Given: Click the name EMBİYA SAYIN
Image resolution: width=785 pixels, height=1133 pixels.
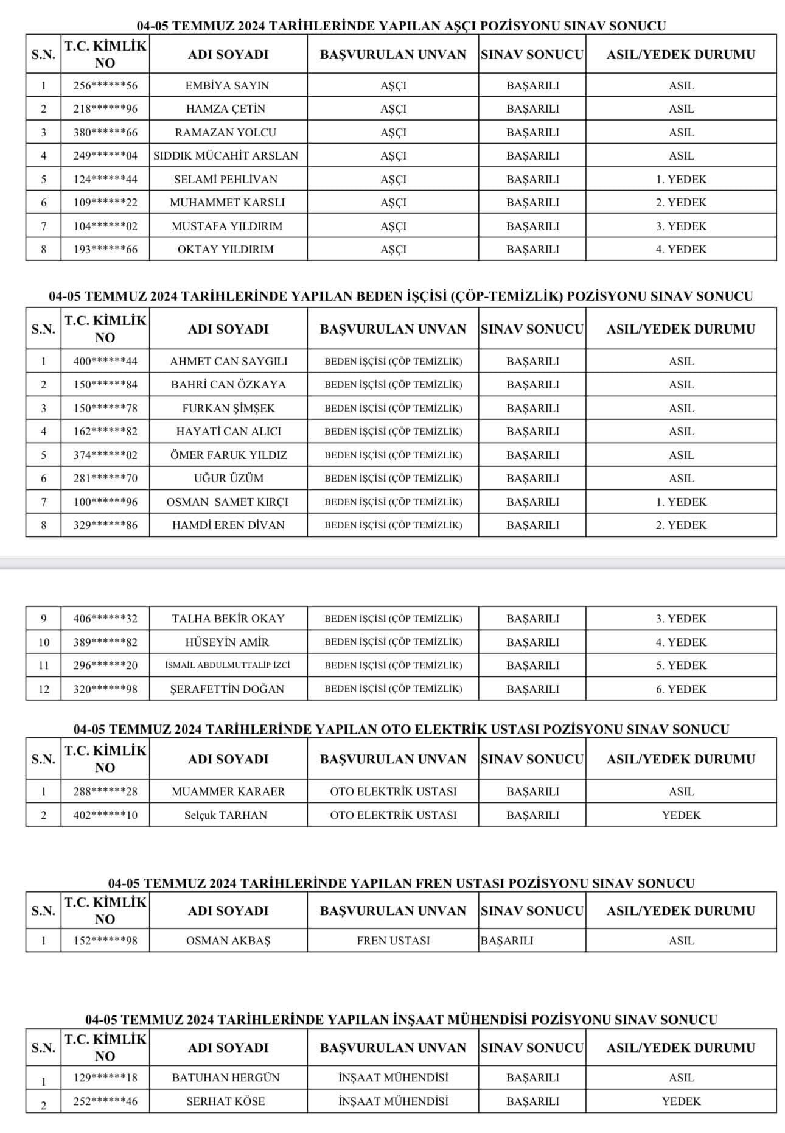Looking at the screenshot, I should (227, 86).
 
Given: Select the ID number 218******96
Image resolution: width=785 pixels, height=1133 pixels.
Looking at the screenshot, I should (105, 109).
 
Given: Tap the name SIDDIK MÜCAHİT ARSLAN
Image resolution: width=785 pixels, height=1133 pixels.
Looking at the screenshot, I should (226, 156).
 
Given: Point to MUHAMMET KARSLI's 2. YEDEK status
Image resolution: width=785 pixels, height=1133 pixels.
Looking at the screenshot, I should (681, 203).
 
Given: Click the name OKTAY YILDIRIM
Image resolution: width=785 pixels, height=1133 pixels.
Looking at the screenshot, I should (226, 250).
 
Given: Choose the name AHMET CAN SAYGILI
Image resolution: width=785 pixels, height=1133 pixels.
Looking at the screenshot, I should (228, 362).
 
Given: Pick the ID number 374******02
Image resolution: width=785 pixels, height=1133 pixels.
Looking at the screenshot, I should (105, 455).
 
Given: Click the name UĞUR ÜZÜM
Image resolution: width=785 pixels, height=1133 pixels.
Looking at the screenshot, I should (228, 479).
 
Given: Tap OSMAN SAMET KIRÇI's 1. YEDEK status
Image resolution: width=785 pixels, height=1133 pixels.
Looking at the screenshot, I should (681, 502).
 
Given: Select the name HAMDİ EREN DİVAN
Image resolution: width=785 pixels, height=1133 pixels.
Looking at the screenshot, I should (228, 525).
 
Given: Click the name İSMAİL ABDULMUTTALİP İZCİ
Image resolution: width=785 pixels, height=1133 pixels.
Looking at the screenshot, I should (227, 665).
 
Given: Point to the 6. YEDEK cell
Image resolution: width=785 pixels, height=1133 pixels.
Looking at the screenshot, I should (681, 689).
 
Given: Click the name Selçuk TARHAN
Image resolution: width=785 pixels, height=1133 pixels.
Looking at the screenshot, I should (226, 815).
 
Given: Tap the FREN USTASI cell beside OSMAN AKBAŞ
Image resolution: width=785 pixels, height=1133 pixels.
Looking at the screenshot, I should (393, 941).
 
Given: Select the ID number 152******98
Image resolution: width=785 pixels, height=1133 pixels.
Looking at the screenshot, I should (105, 941).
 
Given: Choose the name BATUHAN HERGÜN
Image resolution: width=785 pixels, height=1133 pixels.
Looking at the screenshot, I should (226, 1078).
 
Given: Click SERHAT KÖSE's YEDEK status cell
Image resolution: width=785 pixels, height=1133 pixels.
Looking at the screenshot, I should (681, 1101).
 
